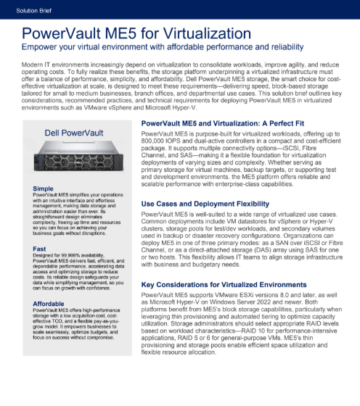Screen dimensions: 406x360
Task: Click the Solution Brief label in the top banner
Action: click(x=27, y=7)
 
